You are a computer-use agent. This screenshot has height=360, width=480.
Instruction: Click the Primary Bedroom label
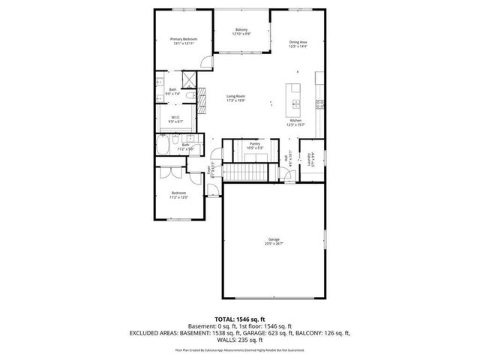pyautogui.click(x=182, y=39)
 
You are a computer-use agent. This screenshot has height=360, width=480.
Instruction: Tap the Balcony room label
pyautogui.click(x=241, y=30)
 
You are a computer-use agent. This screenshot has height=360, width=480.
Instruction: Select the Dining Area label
pyautogui.click(x=298, y=42)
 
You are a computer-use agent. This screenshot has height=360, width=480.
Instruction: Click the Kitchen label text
pyautogui.click(x=296, y=121)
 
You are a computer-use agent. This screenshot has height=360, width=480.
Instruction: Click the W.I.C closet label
pyautogui.click(x=174, y=117)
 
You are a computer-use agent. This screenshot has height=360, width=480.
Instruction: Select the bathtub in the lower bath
pyautogui.click(x=164, y=145)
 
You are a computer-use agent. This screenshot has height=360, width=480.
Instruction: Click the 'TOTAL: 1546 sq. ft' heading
pyautogui.click(x=239, y=319)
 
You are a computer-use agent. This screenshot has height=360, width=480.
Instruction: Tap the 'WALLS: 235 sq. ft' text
pyautogui.click(x=239, y=339)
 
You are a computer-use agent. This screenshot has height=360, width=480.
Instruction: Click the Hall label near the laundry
pyautogui.click(x=286, y=158)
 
